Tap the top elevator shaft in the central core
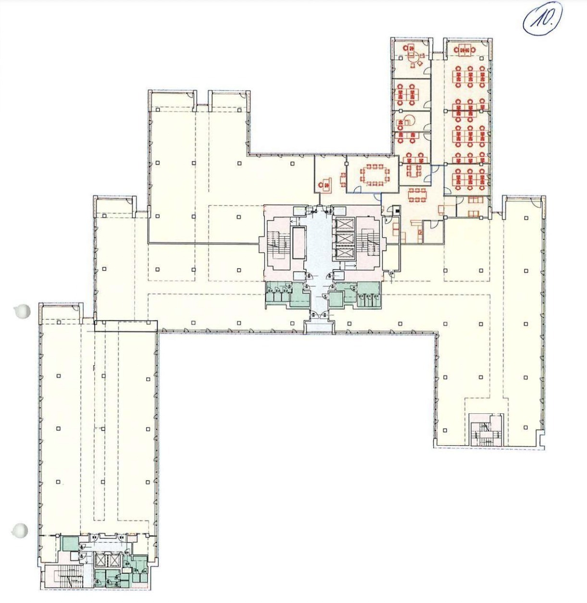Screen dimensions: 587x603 tap(345, 224)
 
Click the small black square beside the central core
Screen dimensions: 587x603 tap(397, 210)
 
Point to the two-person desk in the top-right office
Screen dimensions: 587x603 tap(464, 50)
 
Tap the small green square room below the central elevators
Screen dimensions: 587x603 tap(336, 299)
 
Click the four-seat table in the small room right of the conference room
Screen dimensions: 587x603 tap(413, 170)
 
